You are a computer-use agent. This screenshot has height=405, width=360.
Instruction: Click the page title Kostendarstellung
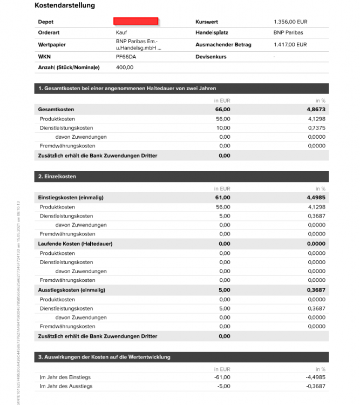click(x=65, y=5)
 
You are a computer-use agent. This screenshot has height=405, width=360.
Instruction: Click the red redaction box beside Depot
click(x=135, y=21)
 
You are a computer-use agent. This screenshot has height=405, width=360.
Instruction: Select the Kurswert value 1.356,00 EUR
click(x=290, y=22)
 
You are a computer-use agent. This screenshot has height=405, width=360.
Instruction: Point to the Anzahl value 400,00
click(x=125, y=67)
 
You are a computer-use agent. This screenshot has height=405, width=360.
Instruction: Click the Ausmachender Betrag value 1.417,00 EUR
click(x=290, y=45)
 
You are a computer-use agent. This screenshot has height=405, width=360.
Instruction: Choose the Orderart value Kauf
click(x=121, y=33)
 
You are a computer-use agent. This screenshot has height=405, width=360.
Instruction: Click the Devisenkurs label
click(x=211, y=56)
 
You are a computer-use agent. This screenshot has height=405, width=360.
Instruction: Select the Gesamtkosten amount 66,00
click(x=222, y=110)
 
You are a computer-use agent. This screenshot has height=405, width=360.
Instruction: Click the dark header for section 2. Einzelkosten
click(x=181, y=177)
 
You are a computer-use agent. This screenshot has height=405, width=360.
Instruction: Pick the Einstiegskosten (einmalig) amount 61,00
click(x=222, y=198)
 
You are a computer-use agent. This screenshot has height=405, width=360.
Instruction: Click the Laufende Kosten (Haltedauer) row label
click(x=71, y=244)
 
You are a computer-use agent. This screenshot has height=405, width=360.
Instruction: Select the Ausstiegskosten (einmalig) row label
click(x=72, y=290)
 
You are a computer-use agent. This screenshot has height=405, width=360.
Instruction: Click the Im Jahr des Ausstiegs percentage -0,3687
click(x=315, y=386)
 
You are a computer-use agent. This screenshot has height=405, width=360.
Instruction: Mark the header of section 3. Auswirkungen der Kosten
click(x=181, y=357)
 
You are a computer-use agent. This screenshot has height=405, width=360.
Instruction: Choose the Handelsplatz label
click(x=212, y=33)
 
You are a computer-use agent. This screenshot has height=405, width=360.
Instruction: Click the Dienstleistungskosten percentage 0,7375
click(x=316, y=128)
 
